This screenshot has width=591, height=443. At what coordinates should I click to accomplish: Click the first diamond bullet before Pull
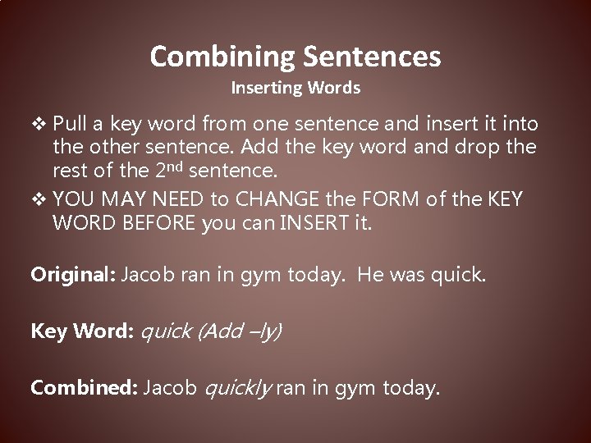[x=39, y=124]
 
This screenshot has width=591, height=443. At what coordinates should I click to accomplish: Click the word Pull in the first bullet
[x=71, y=124]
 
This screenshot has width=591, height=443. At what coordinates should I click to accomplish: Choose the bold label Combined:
[x=83, y=387]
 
